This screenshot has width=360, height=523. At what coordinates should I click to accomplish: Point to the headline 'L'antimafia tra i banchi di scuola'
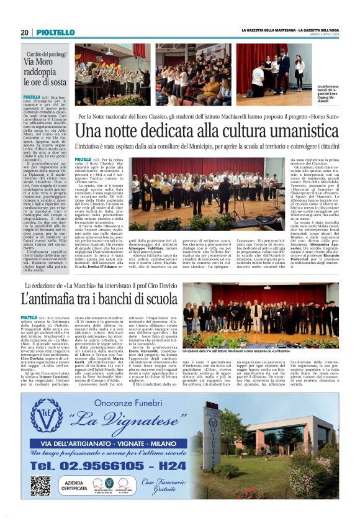[x=99, y=297]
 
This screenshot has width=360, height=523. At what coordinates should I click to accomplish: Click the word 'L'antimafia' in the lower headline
[x=52, y=297]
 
